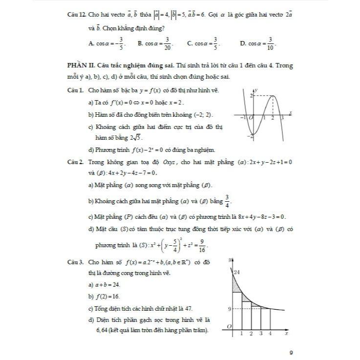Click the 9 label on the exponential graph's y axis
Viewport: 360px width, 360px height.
tap(230, 309)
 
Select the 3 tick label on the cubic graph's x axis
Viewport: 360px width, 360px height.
tap(282, 118)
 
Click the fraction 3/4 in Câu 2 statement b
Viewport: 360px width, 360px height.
tap(227, 200)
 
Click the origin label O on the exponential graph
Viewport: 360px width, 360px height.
tap(229, 326)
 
